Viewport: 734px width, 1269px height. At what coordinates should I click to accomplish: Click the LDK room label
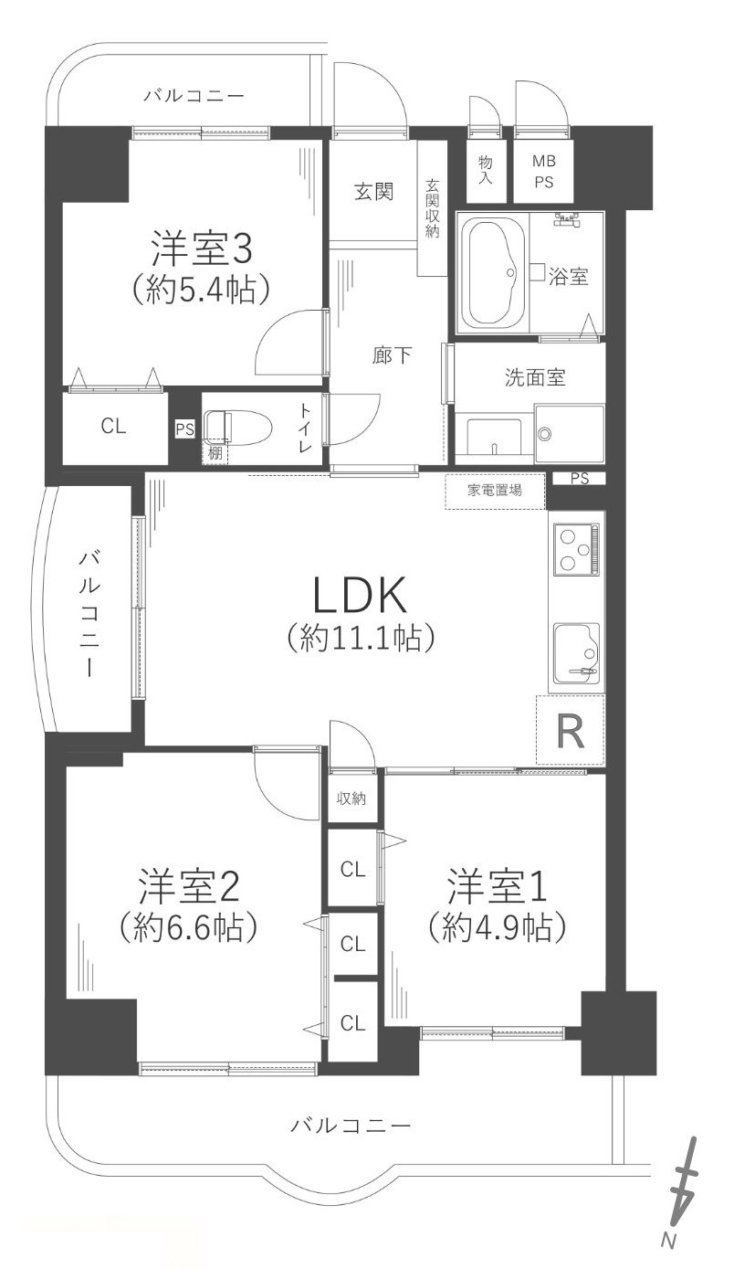coord(360,595)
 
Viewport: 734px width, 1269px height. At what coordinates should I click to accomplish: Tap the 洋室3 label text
coord(201,249)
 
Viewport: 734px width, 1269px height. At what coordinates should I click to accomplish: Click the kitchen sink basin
coord(577,652)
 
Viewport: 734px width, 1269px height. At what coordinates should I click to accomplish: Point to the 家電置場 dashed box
coord(495,490)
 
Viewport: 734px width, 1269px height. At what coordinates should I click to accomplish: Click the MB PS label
coord(543,172)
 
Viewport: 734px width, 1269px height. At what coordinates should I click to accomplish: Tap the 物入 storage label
coord(486,170)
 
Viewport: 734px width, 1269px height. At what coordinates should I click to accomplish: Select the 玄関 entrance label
coord(373,192)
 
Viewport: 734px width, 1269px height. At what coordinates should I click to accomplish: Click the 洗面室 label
coord(535,377)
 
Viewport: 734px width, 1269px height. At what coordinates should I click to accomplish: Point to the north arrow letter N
coord(668,1253)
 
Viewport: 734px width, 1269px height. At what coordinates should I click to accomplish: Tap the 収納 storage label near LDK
coord(351,798)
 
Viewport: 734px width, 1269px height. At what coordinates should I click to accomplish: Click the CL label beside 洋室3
coord(113,426)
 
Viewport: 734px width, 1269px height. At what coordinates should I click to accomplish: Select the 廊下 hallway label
coord(392,355)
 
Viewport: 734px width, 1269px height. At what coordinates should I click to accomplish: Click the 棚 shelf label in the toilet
coord(215,453)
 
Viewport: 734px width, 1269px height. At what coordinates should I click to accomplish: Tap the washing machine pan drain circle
coord(544,434)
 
